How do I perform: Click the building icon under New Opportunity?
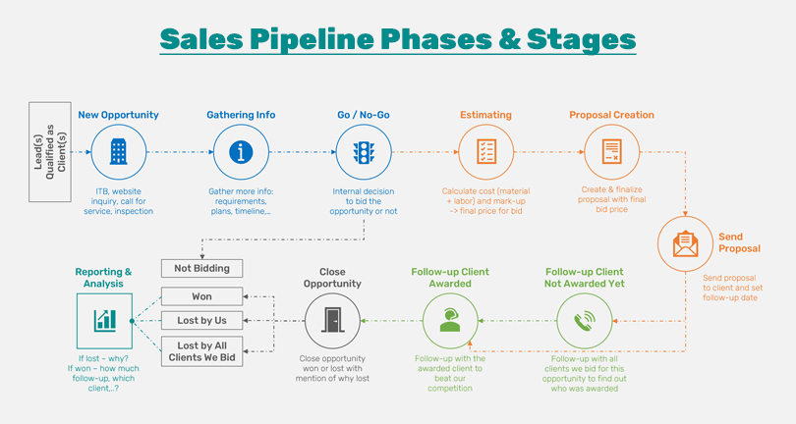118,152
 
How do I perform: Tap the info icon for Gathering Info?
241,152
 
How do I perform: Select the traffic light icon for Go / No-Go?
364,152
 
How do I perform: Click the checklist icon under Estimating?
486,152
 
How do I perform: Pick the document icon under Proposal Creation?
611,152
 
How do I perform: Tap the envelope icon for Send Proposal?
685,242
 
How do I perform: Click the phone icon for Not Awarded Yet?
585,321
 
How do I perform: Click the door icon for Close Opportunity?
332,321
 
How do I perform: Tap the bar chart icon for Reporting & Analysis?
104,321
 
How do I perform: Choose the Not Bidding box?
201,268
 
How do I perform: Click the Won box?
201,295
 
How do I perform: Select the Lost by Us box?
201,320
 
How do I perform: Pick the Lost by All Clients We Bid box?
201,351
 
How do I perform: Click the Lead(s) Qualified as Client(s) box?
50,151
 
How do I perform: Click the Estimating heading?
485,115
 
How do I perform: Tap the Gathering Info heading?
241,115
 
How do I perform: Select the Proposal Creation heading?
611,115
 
